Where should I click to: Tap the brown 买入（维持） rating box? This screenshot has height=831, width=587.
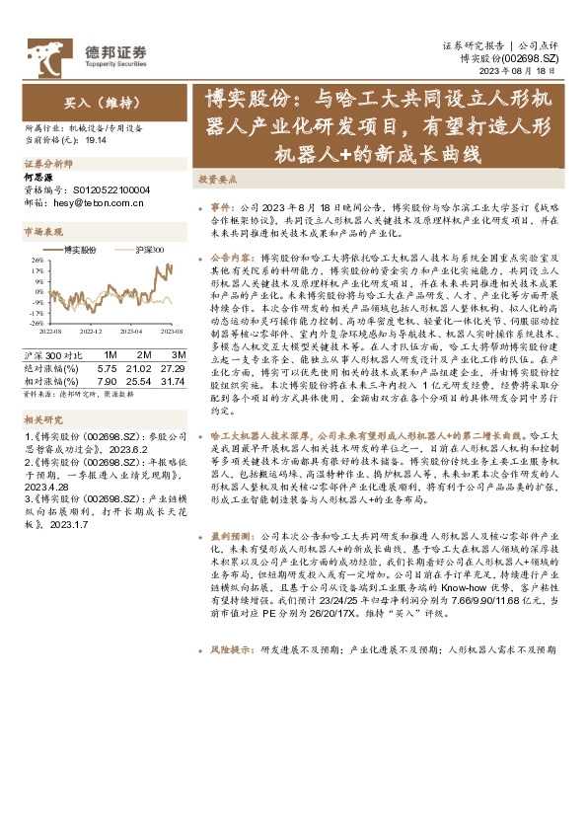tap(104, 102)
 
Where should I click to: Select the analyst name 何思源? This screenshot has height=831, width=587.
tap(37, 176)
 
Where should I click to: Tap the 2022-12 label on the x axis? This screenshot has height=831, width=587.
tap(90, 332)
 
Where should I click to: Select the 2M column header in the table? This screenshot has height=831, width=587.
tap(144, 354)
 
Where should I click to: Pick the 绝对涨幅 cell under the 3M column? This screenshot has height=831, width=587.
tap(178, 366)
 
